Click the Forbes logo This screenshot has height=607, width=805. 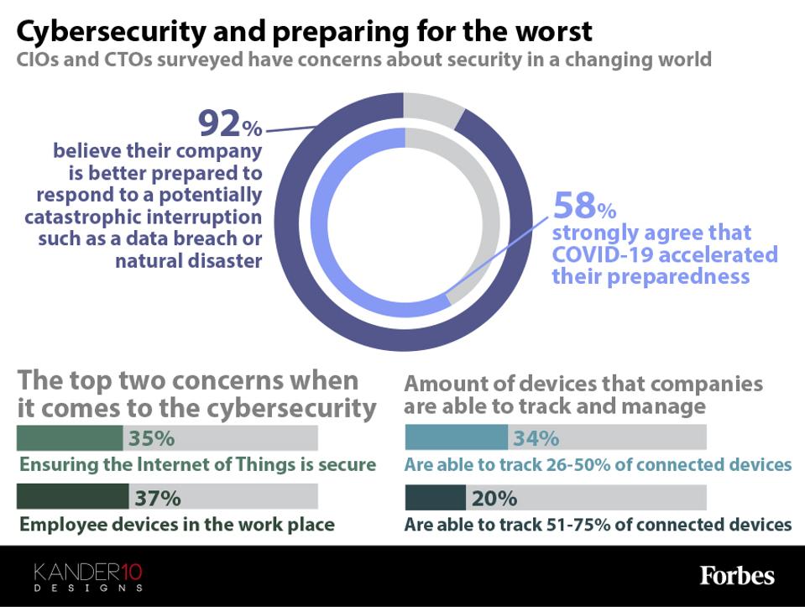point(737,576)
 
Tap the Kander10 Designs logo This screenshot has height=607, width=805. point(88,577)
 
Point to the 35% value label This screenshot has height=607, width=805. point(150,438)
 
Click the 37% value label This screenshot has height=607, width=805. point(158,498)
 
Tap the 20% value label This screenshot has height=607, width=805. point(494,498)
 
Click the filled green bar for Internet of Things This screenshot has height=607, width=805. point(70,438)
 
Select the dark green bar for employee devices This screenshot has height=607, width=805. point(72,497)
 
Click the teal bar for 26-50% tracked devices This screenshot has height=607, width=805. point(456,437)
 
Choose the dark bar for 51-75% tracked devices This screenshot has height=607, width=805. point(435,498)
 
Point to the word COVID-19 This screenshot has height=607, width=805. point(606,254)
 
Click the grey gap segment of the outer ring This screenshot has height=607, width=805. point(432,110)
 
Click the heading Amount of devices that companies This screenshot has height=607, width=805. point(583,385)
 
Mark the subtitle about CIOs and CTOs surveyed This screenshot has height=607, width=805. point(364,60)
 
